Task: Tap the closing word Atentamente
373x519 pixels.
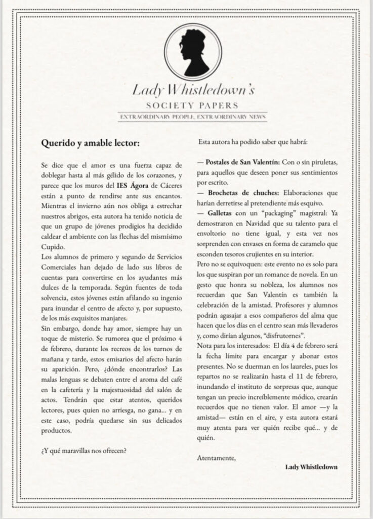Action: [216, 458]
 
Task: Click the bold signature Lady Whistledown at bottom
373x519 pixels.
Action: [311, 466]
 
